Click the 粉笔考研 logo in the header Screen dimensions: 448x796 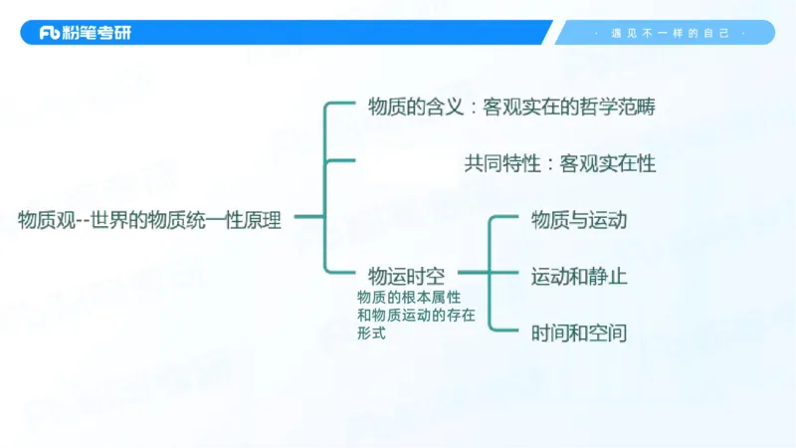[85, 33]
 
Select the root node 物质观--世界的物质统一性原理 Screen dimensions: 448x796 [149, 220]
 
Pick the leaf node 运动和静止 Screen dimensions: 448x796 [579, 276]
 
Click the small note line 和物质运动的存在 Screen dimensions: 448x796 [416, 316]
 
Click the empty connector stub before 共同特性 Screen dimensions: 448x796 [341, 159]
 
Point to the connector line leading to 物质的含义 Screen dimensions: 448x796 [341, 103]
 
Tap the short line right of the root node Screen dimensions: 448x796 [308, 216]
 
